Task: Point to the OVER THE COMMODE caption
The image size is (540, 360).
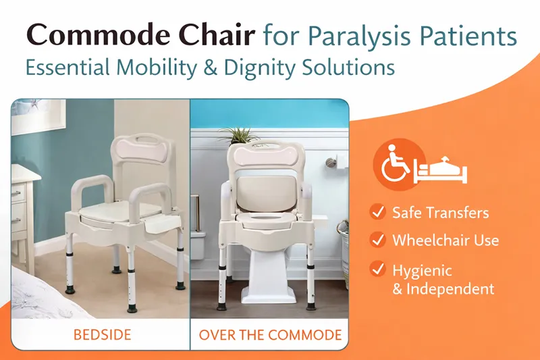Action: (x=270, y=335)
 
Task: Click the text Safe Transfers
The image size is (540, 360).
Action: (x=441, y=213)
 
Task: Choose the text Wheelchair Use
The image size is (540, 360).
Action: (x=446, y=239)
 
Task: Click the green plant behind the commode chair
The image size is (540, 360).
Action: (x=240, y=135)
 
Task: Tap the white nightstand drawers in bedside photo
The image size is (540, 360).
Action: (x=22, y=203)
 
